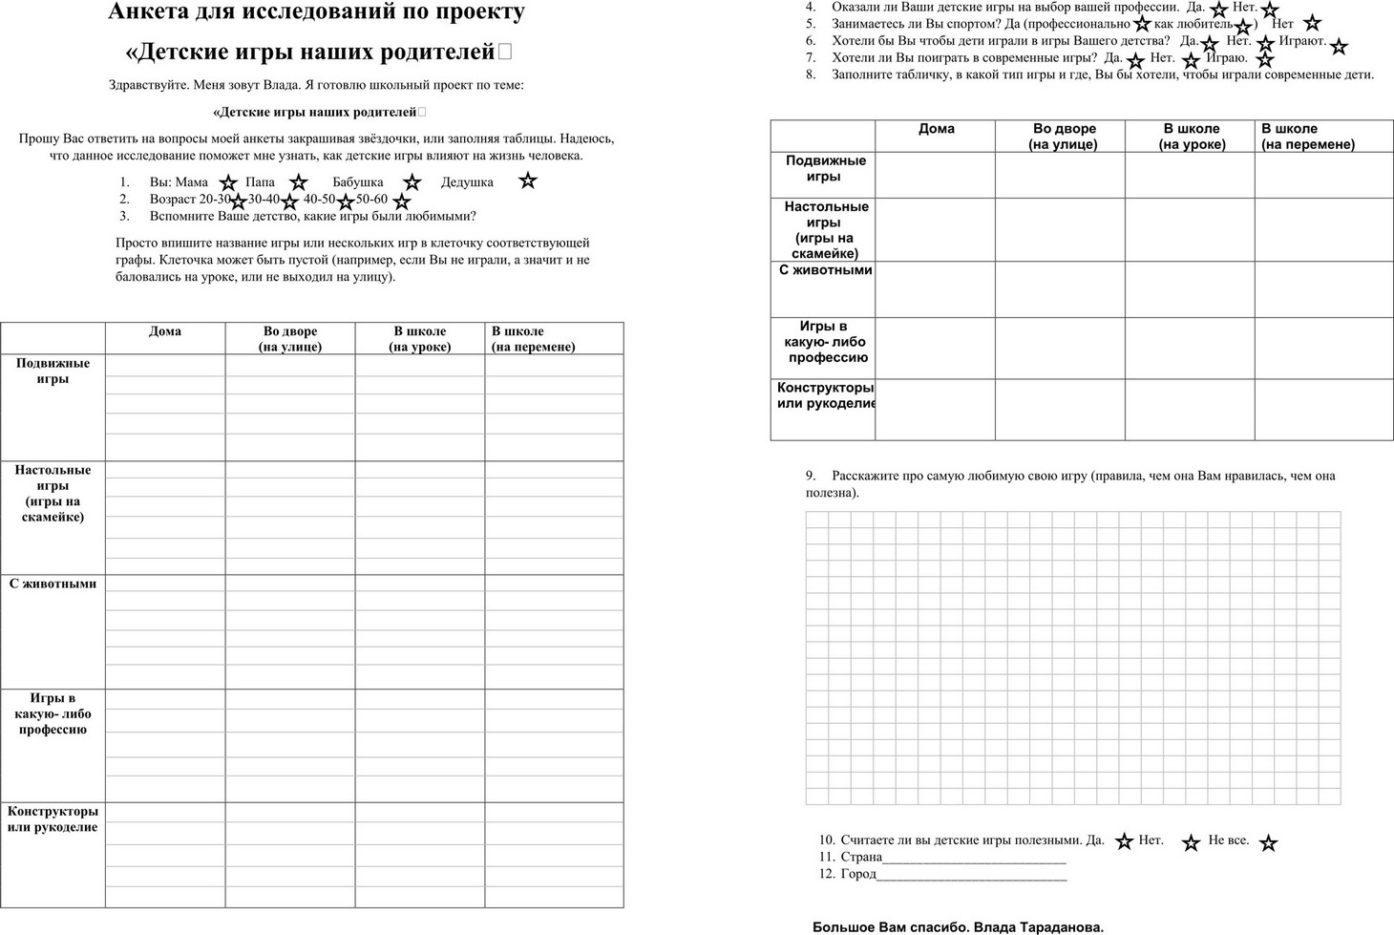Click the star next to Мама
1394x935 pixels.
(228, 182)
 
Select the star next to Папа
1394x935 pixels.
(299, 182)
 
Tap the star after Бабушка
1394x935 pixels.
(412, 182)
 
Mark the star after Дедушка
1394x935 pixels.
(528, 180)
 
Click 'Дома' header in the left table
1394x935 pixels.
(165, 331)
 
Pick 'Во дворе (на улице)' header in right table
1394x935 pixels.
(1064, 137)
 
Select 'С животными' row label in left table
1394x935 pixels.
(53, 584)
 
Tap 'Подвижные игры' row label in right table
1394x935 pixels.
(825, 168)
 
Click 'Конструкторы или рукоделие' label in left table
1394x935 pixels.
(53, 819)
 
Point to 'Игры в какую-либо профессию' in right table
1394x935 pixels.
(825, 342)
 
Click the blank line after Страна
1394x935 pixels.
(974, 858)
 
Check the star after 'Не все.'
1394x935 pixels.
(1268, 843)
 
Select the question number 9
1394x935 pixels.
(810, 476)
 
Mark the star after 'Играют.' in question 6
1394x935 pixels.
(1339, 46)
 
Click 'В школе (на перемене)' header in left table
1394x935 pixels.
(533, 339)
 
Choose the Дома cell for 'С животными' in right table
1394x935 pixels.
(936, 289)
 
